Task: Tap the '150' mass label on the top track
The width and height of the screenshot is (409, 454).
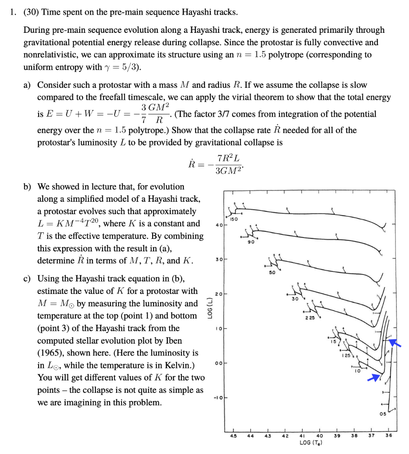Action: pos(234,219)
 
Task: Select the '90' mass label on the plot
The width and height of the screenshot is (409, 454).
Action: pos(251,243)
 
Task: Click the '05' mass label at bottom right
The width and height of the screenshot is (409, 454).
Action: pos(382,414)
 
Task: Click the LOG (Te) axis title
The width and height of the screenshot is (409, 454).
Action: pos(311,442)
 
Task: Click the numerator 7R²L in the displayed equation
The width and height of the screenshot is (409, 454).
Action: pos(228,159)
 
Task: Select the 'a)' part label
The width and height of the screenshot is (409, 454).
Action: pos(28,84)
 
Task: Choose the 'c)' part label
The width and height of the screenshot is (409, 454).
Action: pos(27,279)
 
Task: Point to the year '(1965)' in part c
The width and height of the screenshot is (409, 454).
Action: pos(51,353)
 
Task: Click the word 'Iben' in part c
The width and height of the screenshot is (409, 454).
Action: pos(173,341)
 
